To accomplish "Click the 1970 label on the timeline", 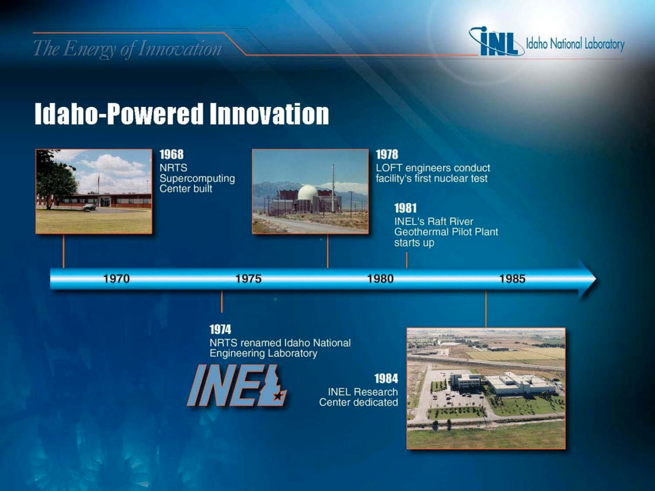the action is click(x=116, y=278).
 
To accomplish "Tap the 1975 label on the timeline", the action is click(x=248, y=278).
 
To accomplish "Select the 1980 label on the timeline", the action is click(x=381, y=278).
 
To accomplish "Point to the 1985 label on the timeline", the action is click(x=513, y=278).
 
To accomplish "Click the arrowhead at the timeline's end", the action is click(x=588, y=278).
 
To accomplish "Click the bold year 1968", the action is click(x=171, y=154).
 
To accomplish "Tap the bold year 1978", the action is click(x=387, y=154).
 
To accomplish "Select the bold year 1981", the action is click(x=405, y=208).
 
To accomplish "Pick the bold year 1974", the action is click(x=220, y=330).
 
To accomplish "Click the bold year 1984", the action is click(x=387, y=378).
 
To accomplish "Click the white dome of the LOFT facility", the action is click(x=307, y=193).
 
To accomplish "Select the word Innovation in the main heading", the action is click(x=269, y=113).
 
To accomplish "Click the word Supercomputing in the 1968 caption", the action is click(x=197, y=178).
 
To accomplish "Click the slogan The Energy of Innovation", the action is click(x=128, y=49).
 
